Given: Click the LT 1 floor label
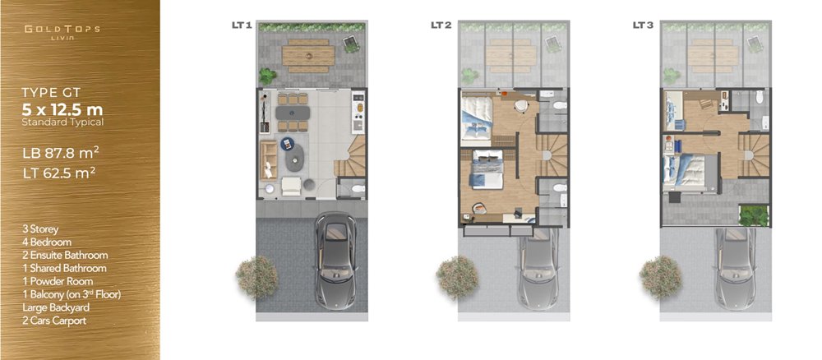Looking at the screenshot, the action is point(242,25).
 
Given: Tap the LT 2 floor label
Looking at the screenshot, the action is point(441,25).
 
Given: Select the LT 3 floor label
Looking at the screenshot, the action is point(643,25).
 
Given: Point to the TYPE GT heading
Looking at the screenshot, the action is point(51,93).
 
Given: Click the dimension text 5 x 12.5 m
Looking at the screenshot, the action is point(62,110).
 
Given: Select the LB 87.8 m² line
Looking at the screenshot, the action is point(60,153).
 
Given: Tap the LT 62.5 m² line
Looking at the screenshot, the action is point(58,173).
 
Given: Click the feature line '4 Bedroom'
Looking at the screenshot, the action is point(47,242).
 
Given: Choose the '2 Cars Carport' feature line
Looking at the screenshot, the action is point(54,321).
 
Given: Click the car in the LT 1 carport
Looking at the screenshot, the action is point(336,260).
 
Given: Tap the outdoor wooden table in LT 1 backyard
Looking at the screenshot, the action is point(308,56).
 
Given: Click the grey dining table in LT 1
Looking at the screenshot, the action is point(293,113).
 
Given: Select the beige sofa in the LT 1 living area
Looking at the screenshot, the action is point(269,160).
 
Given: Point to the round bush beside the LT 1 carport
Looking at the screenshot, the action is point(256,277).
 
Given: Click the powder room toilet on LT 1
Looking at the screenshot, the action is point(358,188).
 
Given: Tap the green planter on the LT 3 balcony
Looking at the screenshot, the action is point(754,216).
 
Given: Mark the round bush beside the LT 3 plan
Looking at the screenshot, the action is point(661,277).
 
